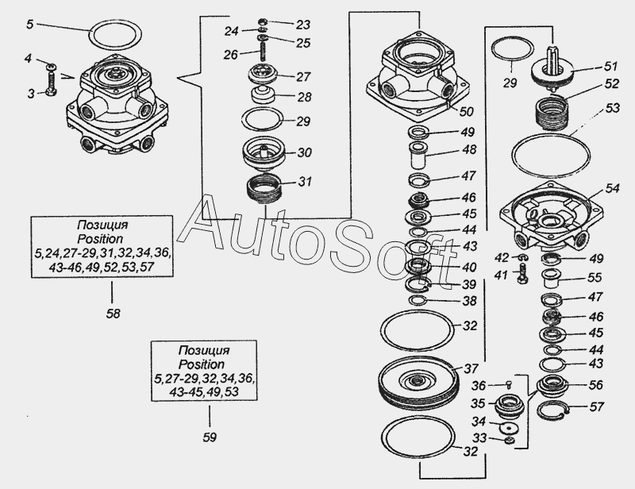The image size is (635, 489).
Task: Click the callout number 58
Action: [x=114, y=314]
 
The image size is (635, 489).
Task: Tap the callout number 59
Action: [x=210, y=437]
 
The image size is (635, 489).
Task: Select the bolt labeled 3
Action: [x=51, y=84]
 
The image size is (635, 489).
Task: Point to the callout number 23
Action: [x=302, y=25]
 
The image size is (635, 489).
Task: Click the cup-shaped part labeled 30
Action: [x=264, y=155]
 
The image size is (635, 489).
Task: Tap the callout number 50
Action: [x=466, y=111]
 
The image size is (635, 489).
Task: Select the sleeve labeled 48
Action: [x=420, y=156]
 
